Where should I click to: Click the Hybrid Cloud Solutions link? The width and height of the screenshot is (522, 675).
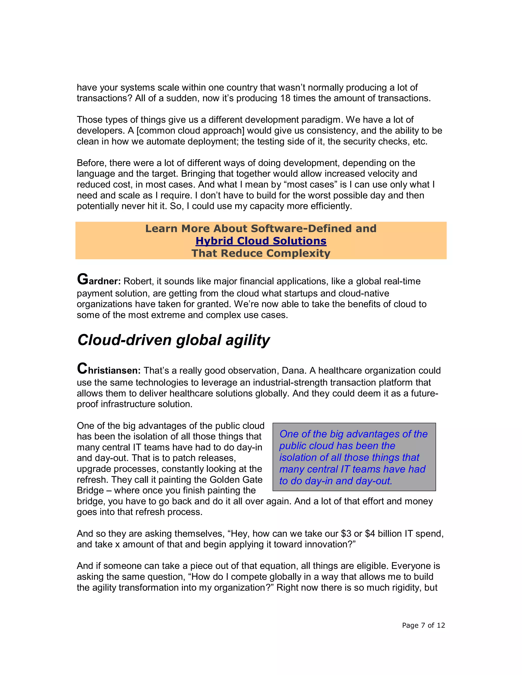click(x=261, y=241)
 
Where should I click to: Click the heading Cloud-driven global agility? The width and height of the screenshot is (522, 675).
click(x=174, y=340)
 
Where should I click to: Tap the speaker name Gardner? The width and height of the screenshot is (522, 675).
click(x=99, y=280)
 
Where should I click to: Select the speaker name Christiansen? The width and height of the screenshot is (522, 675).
click(x=109, y=370)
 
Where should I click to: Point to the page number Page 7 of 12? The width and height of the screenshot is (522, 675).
click(x=423, y=625)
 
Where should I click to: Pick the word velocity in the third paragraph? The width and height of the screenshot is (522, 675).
click(x=382, y=174)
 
